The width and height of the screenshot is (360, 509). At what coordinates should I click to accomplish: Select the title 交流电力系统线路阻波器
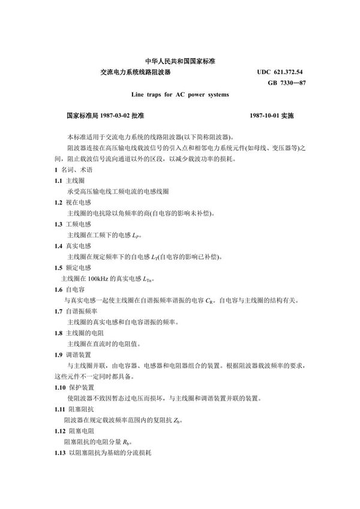coord(136,71)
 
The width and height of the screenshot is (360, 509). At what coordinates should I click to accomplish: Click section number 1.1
coord(58,179)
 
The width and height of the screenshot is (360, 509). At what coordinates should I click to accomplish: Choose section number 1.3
coord(58,224)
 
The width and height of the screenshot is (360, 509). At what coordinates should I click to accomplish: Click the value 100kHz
coord(100,279)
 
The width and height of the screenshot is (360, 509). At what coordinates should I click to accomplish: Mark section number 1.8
coord(58,333)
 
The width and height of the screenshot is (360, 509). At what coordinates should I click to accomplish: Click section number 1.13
coord(60,453)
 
